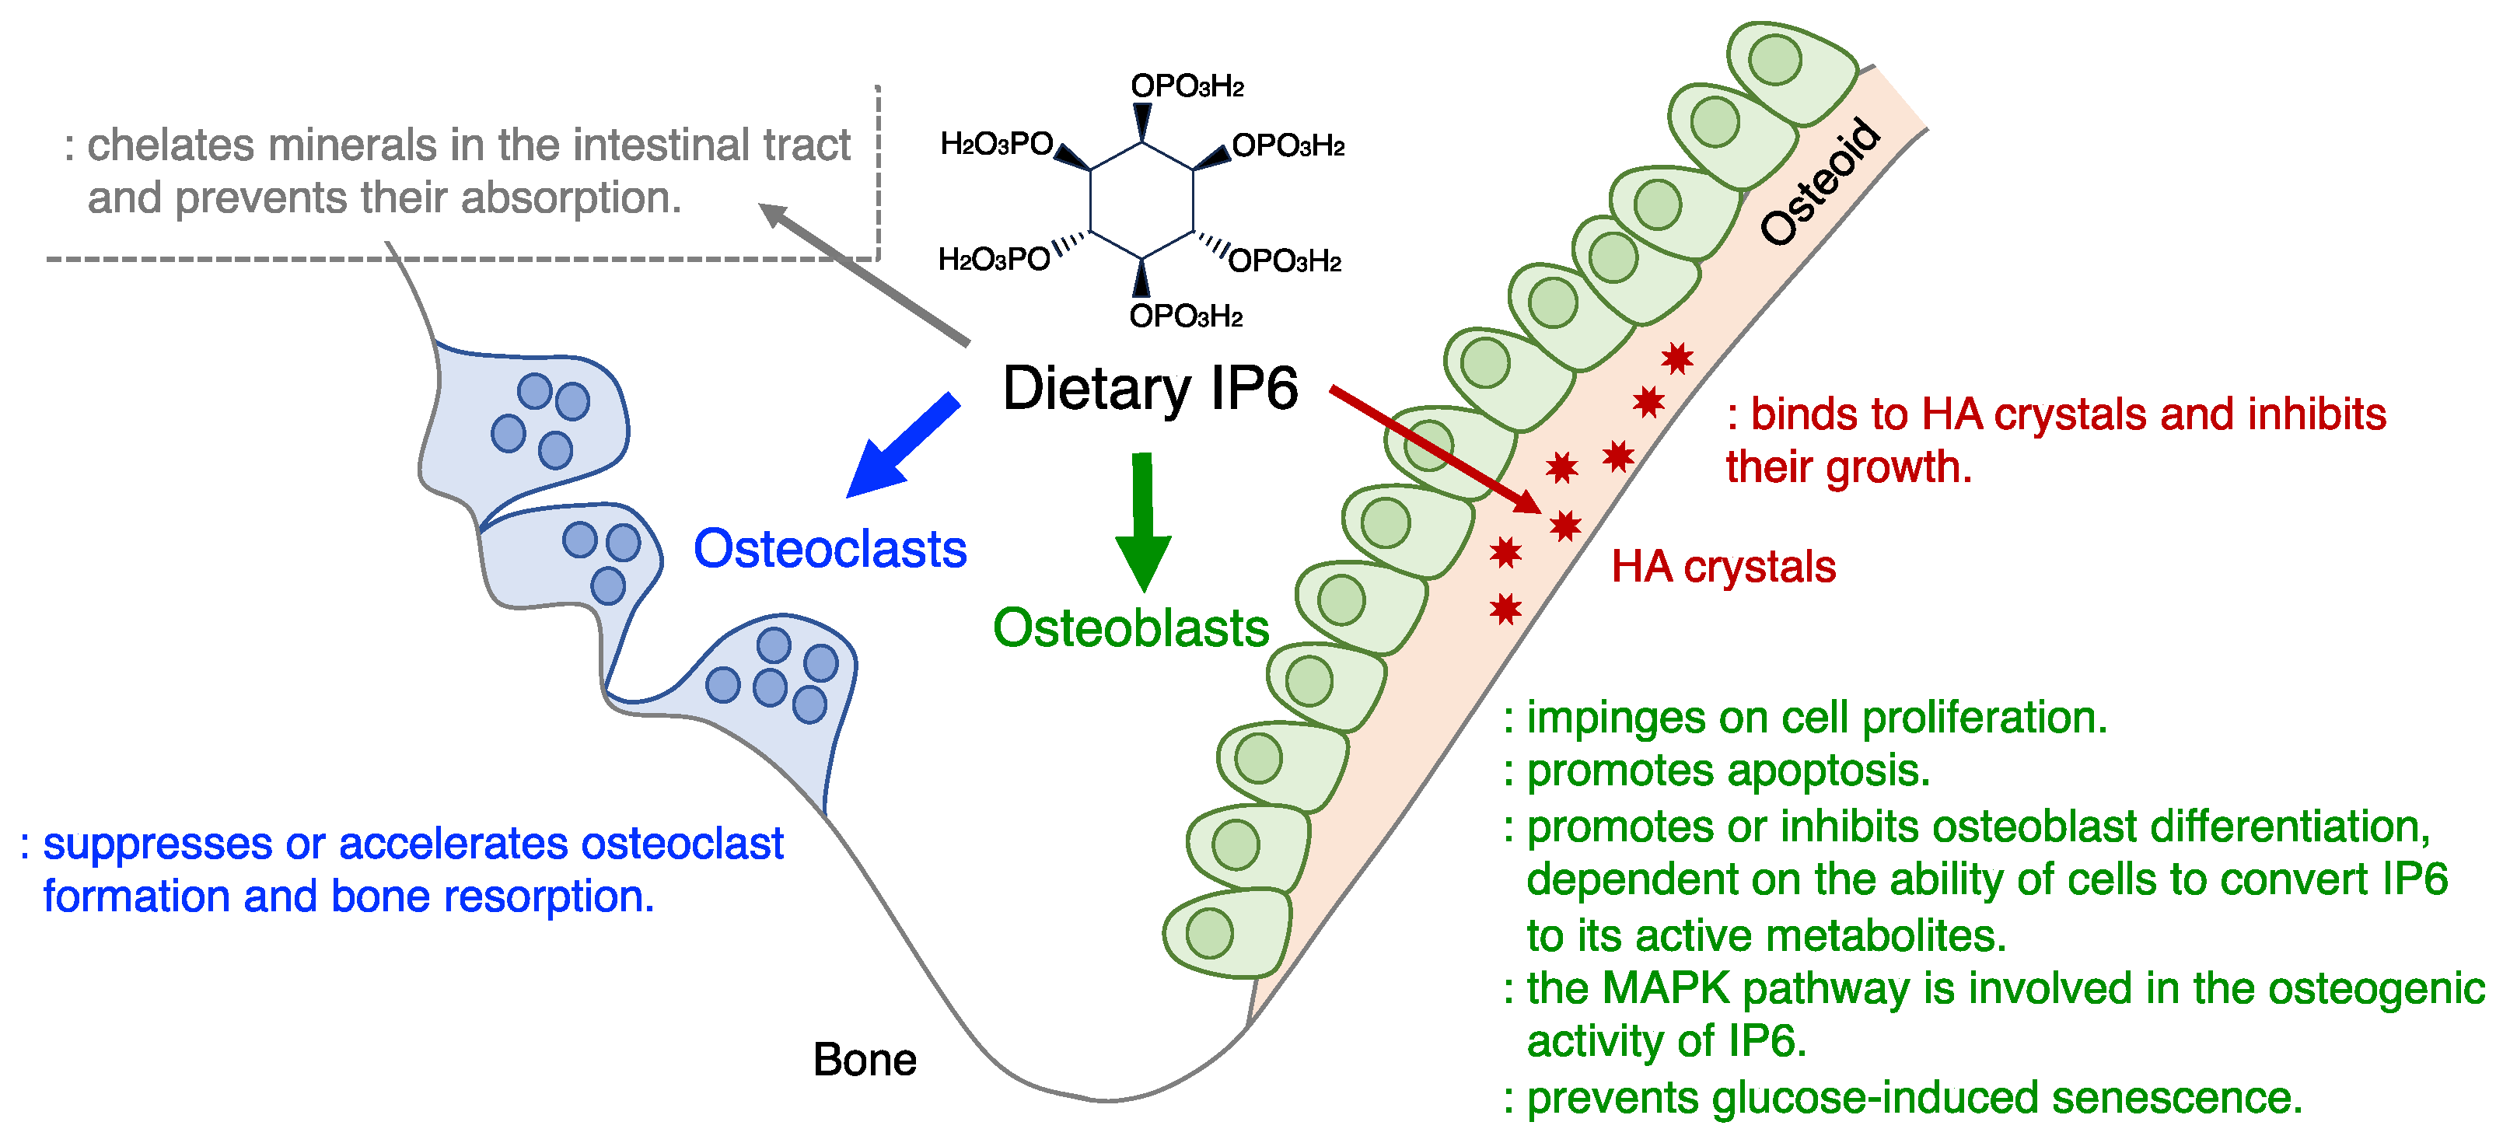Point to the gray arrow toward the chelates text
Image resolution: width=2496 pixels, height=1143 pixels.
pos(862,272)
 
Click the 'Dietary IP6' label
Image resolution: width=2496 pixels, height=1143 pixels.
pos(1150,389)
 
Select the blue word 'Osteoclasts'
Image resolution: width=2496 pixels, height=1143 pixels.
pos(830,549)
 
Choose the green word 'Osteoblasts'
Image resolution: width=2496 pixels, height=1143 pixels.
pos(1131,628)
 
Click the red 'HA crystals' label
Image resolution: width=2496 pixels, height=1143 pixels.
pos(1723,567)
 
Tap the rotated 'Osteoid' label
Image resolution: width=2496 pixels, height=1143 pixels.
pos(1820,182)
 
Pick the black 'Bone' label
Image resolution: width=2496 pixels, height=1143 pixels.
pos(865,1060)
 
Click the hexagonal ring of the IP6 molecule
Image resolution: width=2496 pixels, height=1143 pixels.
pos(1141,201)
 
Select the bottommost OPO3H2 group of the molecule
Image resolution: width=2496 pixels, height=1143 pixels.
pos(1185,316)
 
